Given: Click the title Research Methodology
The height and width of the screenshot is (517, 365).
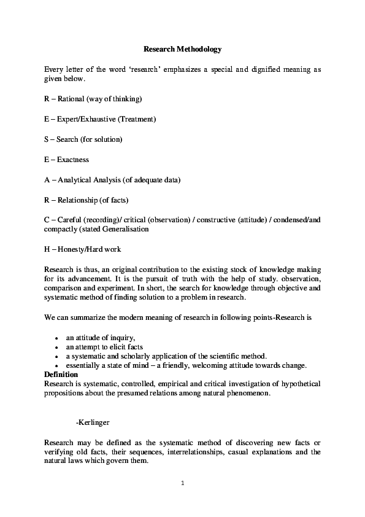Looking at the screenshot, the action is point(182,48).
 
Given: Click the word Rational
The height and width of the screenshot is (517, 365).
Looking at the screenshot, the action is point(72,98).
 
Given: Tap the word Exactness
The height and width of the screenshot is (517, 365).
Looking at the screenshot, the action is point(73,160).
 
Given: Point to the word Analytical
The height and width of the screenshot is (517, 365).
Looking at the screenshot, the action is point(75,180).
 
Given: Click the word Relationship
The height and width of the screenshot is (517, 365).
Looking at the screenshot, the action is point(78,200).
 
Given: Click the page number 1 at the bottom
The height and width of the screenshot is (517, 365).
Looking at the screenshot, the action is point(182,483).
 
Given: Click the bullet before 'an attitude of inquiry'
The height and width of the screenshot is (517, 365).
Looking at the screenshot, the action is point(56,338).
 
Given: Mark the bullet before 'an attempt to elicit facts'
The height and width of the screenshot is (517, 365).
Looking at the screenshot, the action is point(56,347).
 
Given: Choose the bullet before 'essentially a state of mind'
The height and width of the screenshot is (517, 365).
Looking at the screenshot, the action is point(56,365).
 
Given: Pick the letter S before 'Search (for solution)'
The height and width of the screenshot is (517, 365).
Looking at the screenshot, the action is point(47,139).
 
